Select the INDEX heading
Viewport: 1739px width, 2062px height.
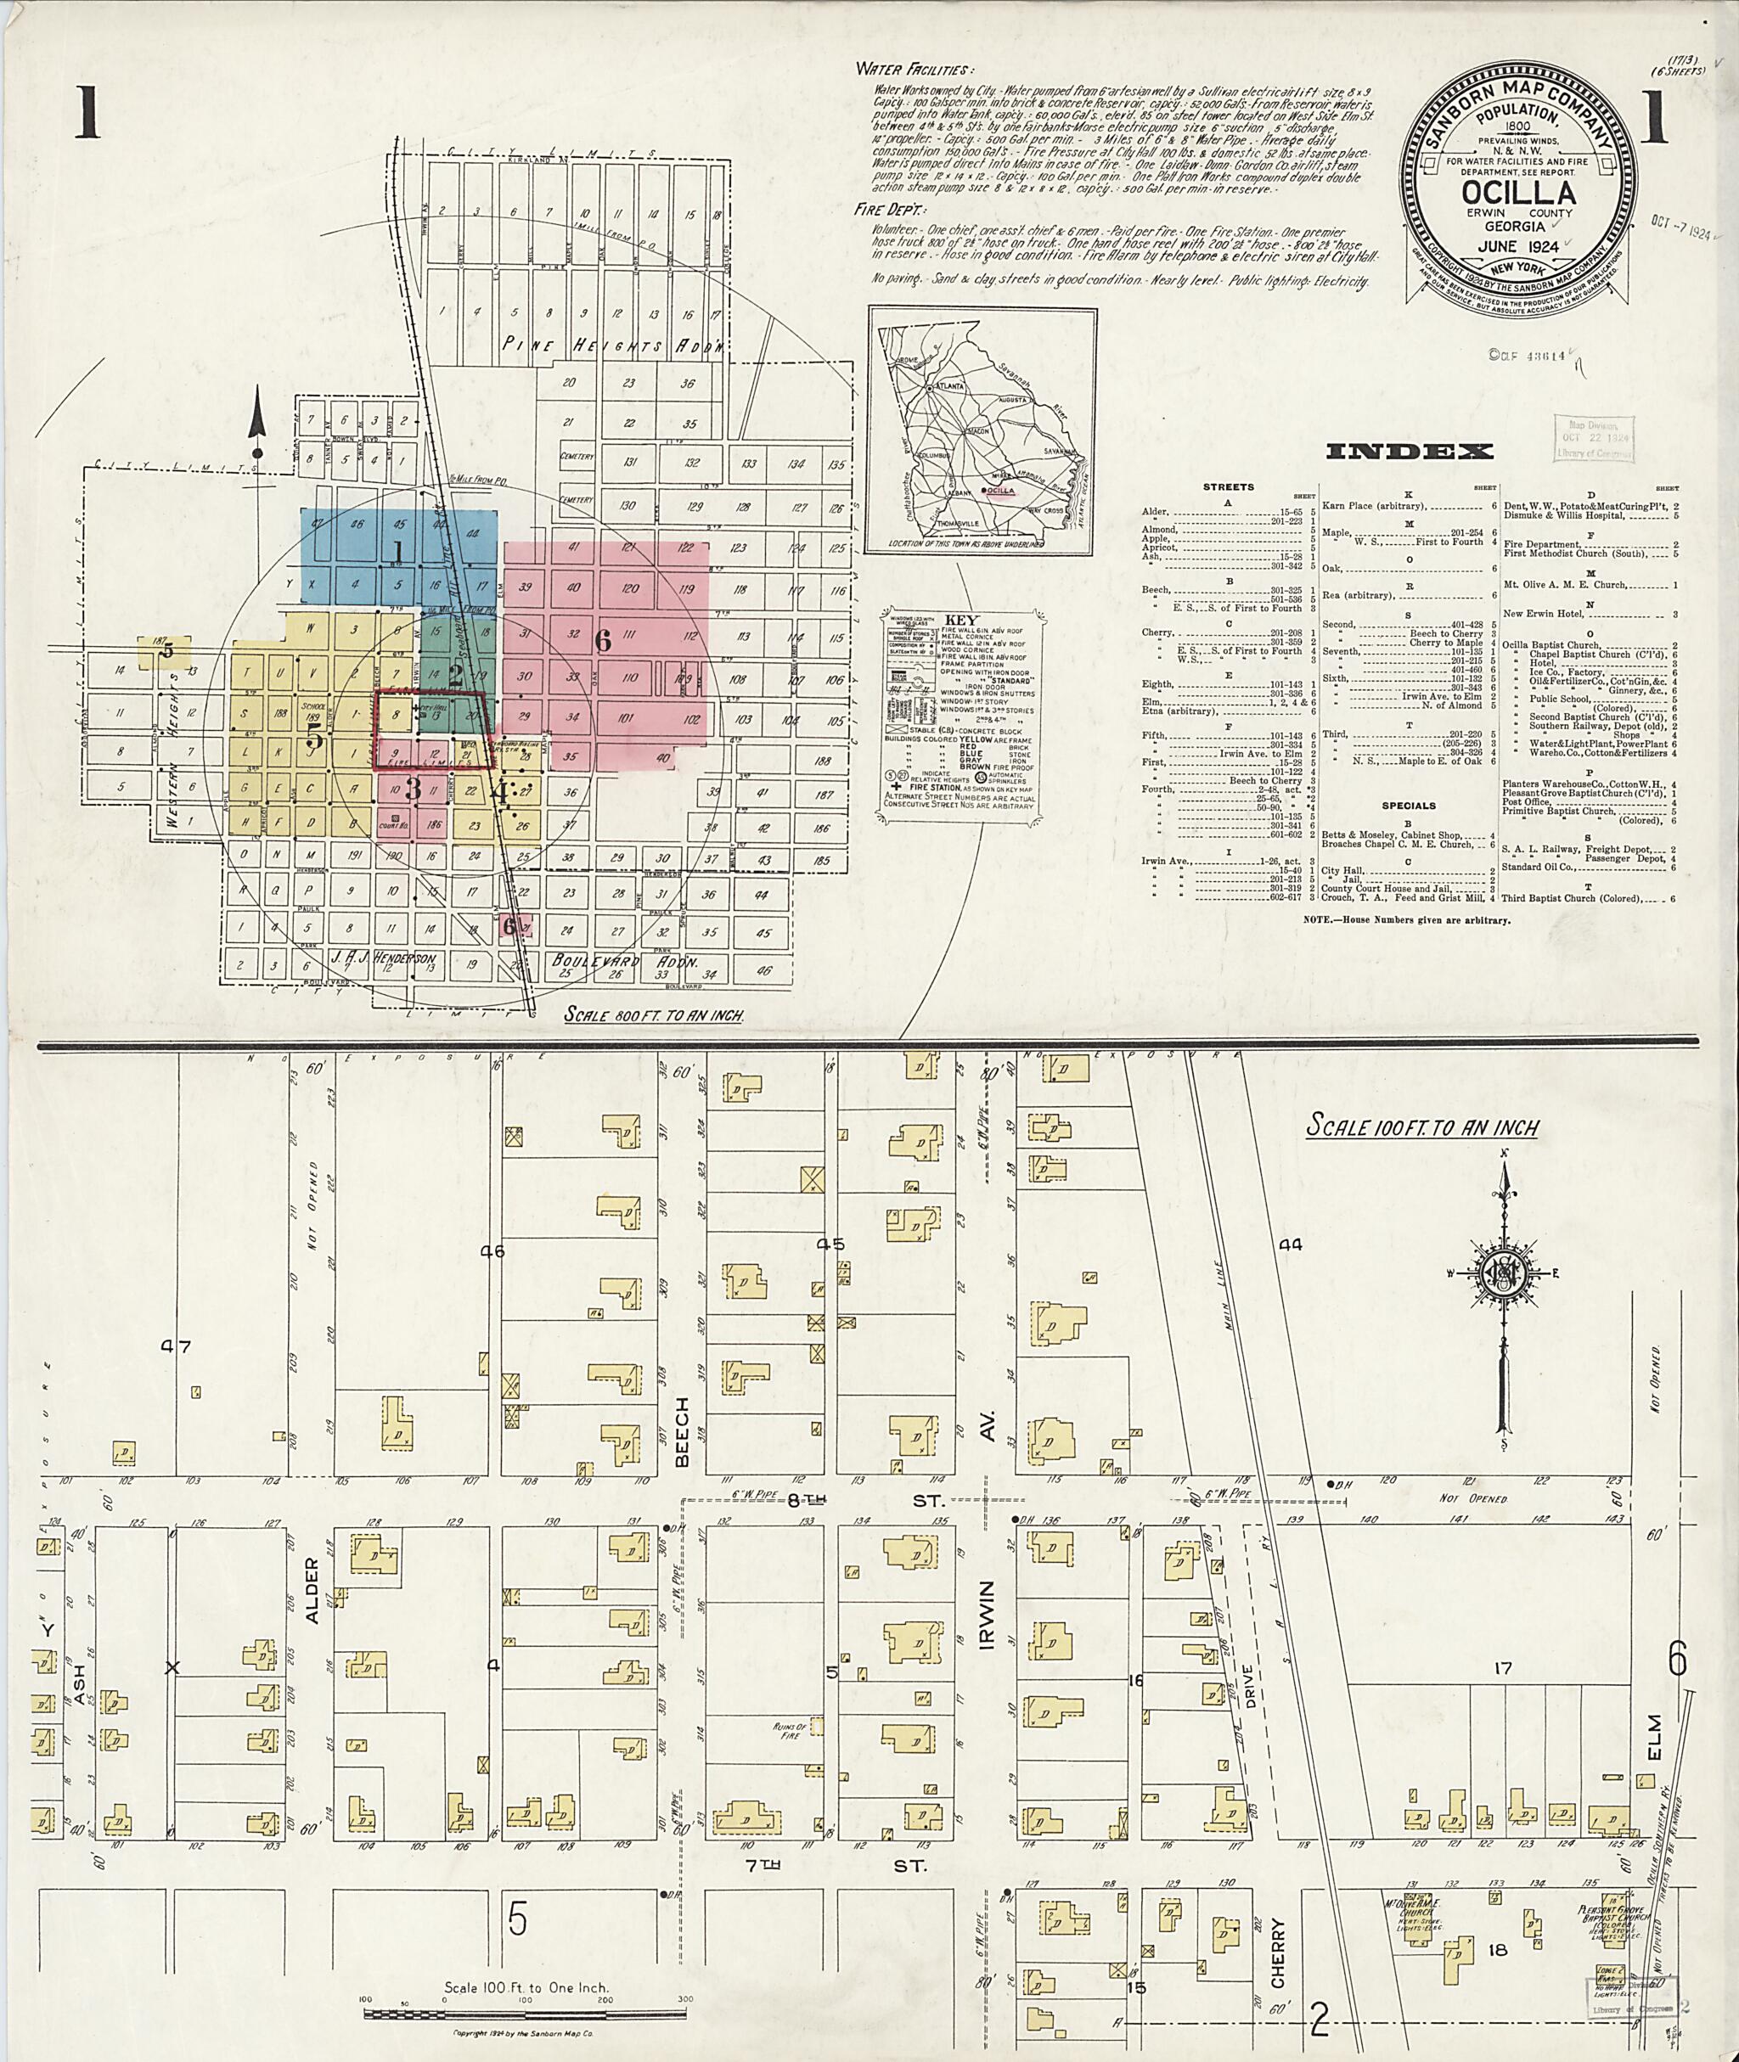tap(1409, 452)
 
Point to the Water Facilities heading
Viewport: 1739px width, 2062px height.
tap(915, 69)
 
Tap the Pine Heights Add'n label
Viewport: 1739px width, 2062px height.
tap(612, 345)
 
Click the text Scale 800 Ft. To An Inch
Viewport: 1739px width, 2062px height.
tap(654, 1014)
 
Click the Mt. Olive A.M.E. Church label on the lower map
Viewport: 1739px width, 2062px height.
tap(1421, 1904)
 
